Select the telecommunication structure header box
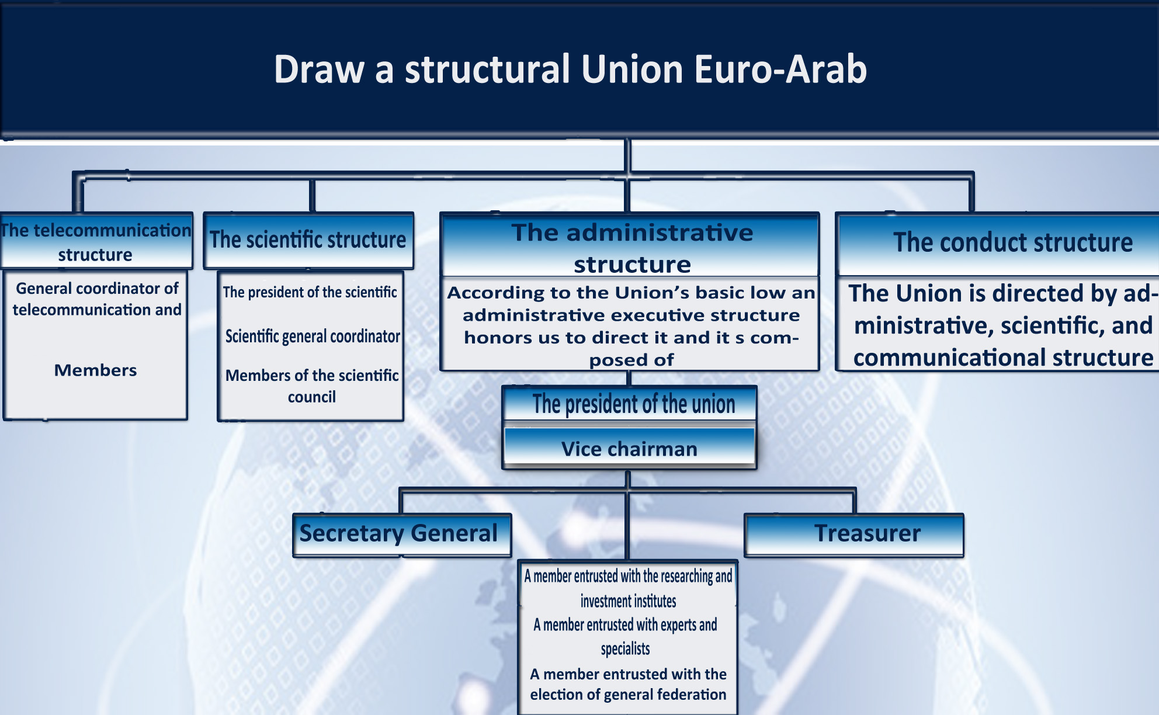(96, 241)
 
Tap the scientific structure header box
(308, 240)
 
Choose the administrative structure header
(630, 245)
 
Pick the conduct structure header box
(998, 244)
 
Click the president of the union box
(630, 404)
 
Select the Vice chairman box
(630, 448)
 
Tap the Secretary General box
(402, 534)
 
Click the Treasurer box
(854, 534)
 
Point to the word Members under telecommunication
(96, 370)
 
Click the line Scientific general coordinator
(313, 336)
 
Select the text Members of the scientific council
(312, 386)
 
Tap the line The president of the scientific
(310, 292)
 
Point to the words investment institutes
(628, 601)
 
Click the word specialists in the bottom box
(625, 648)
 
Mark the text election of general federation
(628, 695)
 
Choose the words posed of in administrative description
(631, 360)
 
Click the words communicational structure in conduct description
(1003, 357)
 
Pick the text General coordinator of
(97, 289)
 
